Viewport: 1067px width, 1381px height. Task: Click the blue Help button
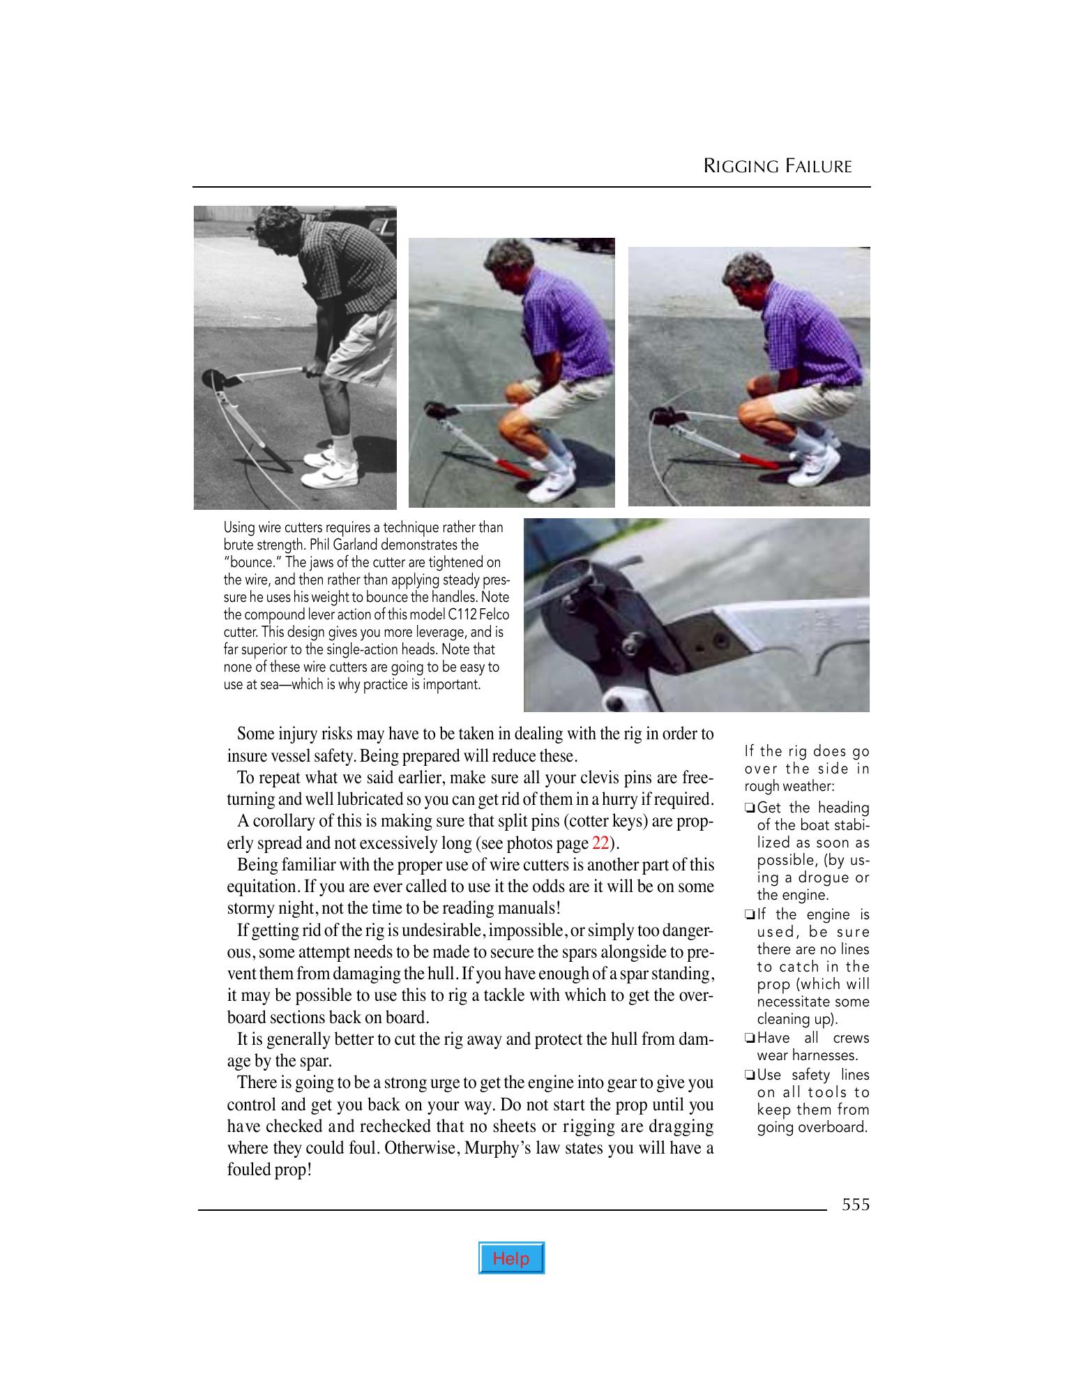click(510, 1258)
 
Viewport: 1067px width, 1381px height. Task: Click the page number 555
click(855, 1205)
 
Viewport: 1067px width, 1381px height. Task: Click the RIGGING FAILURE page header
click(778, 167)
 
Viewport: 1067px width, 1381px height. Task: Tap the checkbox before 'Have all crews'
click(749, 1039)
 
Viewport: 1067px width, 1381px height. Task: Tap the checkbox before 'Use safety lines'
click(749, 1076)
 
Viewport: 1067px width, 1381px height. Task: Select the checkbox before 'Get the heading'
click(749, 808)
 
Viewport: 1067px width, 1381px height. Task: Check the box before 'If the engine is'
click(749, 915)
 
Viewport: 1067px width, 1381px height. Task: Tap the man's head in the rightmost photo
click(748, 279)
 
